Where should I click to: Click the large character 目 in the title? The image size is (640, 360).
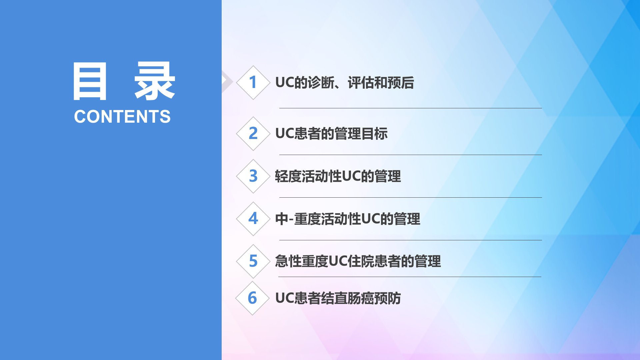(90, 81)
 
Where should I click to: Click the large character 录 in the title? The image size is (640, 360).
(155, 81)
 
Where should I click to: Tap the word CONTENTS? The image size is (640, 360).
(122, 117)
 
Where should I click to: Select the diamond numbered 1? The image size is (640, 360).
(253, 83)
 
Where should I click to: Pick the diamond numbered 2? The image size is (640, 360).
(253, 133)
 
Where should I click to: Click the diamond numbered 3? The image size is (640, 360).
(253, 176)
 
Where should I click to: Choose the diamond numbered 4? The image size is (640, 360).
(253, 219)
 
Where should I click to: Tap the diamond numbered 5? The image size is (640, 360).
(253, 261)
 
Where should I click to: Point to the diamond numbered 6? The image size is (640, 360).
(252, 298)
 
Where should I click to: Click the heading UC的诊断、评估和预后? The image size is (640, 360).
(345, 83)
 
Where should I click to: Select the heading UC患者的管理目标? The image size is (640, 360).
(331, 134)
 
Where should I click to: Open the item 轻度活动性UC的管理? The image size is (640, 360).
(338, 176)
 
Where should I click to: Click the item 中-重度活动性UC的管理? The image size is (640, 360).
(348, 219)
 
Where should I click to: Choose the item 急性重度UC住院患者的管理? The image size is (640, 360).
(358, 261)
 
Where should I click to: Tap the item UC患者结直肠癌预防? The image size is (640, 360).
(338, 298)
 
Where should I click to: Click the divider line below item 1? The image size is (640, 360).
(411, 108)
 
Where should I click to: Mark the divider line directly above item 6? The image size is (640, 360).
(410, 277)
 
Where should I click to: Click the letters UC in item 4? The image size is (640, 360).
(371, 219)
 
